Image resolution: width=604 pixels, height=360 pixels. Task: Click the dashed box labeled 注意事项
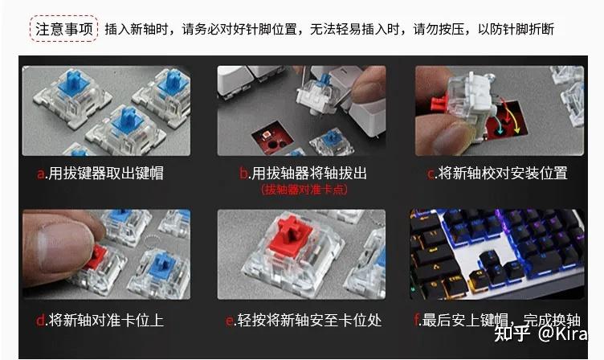64,29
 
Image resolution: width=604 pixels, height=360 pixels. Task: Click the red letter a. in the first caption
41,174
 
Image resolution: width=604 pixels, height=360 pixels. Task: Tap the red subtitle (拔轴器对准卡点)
304,190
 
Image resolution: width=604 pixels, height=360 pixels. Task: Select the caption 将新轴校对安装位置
503,173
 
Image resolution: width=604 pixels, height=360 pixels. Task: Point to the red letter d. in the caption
41,320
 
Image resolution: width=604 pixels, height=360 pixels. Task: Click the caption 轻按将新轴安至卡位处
309,321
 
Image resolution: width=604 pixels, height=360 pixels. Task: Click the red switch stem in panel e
292,234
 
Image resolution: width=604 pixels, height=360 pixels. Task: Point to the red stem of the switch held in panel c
439,103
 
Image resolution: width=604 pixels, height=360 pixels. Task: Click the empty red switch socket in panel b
271,140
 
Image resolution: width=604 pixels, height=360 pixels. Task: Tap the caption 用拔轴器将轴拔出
308,174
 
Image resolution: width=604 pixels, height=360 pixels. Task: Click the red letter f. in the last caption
418,320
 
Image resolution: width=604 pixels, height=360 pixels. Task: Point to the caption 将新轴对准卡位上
105,321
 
